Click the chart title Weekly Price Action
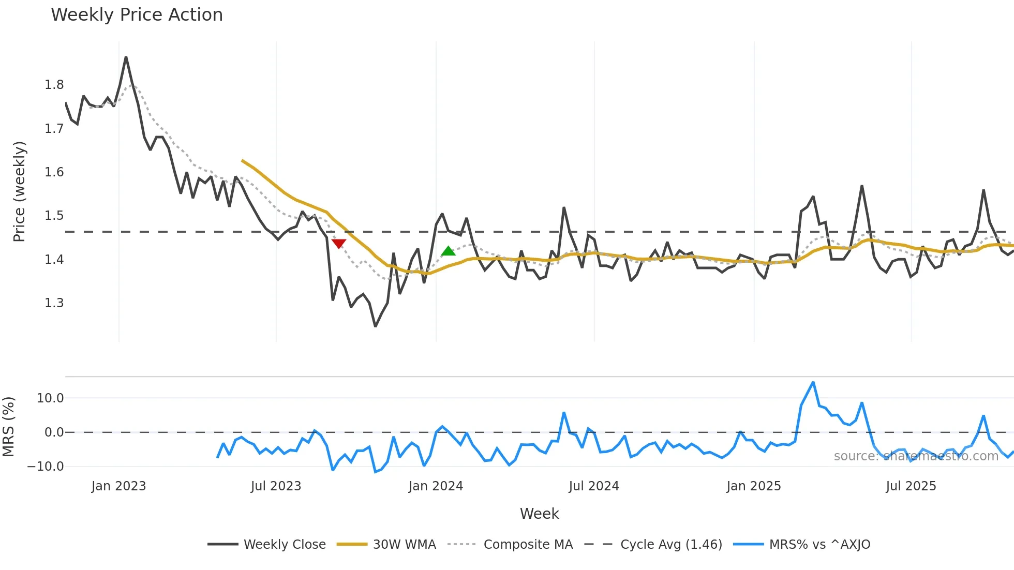[137, 15]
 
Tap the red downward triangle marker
[339, 244]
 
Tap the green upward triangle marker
[448, 251]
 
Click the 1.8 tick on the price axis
[54, 85]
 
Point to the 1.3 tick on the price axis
[54, 303]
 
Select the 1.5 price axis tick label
[54, 216]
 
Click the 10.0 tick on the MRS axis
[50, 398]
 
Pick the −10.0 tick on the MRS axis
[46, 467]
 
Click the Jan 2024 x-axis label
[436, 486]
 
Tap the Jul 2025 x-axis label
[911, 486]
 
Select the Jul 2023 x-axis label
[276, 486]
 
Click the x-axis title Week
[539, 514]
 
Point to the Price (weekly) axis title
[19, 191]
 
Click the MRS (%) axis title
[8, 427]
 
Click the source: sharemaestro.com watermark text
[916, 456]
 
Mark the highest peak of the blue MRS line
[813, 383]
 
